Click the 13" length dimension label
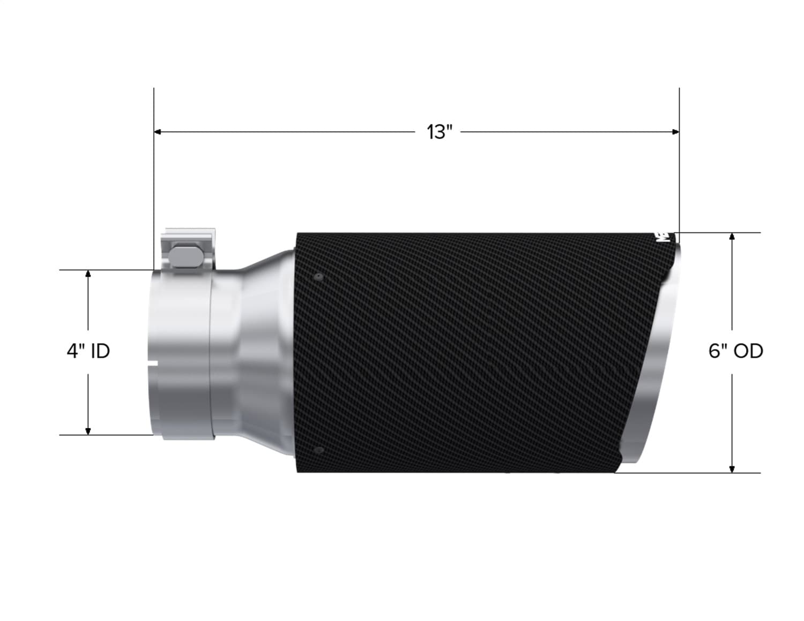(440, 132)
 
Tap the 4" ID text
(88, 351)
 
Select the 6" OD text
(735, 351)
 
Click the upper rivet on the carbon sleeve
(319, 277)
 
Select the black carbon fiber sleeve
(461, 353)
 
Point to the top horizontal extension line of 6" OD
(718, 232)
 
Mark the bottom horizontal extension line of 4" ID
(107, 435)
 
